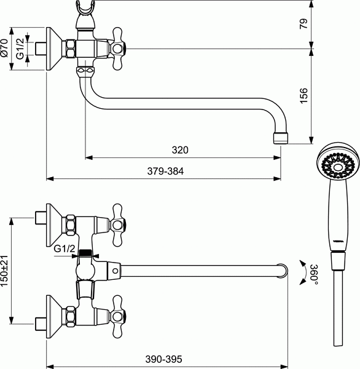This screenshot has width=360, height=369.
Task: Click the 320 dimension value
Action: (x=180, y=150)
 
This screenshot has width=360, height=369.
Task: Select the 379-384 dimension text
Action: (x=165, y=171)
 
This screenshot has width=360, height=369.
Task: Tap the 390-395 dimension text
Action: (x=163, y=359)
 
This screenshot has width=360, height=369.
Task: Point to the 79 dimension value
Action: (x=303, y=24)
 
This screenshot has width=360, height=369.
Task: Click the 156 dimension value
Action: (x=303, y=95)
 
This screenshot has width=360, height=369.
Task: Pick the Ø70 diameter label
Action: (x=4, y=48)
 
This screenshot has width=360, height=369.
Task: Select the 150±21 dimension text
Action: (x=4, y=271)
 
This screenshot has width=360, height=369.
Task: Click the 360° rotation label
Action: (x=314, y=275)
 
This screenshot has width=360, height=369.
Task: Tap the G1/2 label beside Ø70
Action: (x=20, y=49)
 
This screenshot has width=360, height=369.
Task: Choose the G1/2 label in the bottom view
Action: (x=65, y=248)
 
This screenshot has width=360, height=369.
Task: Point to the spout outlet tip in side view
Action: (x=281, y=138)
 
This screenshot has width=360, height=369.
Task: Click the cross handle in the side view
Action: (x=117, y=49)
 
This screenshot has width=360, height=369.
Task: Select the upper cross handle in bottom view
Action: (x=117, y=225)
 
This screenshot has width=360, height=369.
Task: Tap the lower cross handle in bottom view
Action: (x=117, y=317)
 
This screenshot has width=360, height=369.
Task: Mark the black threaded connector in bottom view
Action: (x=85, y=253)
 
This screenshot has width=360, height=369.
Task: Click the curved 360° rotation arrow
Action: (x=304, y=272)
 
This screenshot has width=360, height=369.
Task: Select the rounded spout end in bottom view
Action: (x=283, y=271)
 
